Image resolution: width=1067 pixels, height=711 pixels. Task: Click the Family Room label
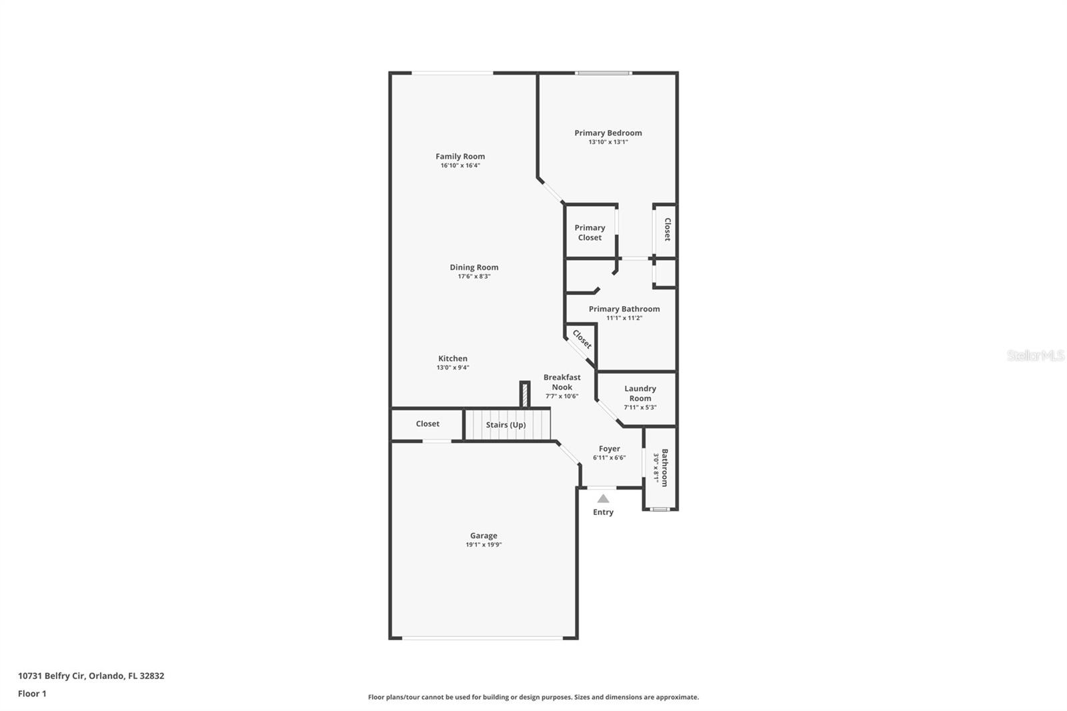click(460, 157)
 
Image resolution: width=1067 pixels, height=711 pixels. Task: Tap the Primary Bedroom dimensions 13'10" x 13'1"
click(608, 142)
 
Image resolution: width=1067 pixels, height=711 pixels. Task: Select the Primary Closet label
click(590, 232)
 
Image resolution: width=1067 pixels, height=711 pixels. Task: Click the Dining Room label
click(473, 267)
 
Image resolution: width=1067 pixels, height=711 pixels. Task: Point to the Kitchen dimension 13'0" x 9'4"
click(453, 368)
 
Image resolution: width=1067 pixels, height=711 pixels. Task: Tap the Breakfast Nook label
click(562, 382)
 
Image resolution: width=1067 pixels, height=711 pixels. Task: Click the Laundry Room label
click(640, 393)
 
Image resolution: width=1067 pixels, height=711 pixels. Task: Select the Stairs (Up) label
click(505, 425)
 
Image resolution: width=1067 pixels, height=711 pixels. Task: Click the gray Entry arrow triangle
click(603, 498)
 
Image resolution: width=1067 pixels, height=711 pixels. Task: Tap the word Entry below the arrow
click(603, 512)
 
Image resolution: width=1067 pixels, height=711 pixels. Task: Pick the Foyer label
click(609, 449)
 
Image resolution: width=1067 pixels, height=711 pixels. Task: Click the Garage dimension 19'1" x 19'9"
click(483, 545)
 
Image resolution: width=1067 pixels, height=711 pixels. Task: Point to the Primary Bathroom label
click(624, 309)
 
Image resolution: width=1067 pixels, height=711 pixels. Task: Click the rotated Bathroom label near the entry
click(664, 467)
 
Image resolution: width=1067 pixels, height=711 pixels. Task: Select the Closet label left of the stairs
click(427, 424)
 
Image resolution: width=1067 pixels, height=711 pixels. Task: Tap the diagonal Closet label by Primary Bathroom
click(582, 339)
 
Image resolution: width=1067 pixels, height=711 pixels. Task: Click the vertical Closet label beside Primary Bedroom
click(667, 229)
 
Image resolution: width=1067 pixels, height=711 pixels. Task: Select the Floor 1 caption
click(32, 694)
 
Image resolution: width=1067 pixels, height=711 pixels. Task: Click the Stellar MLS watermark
click(1035, 355)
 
